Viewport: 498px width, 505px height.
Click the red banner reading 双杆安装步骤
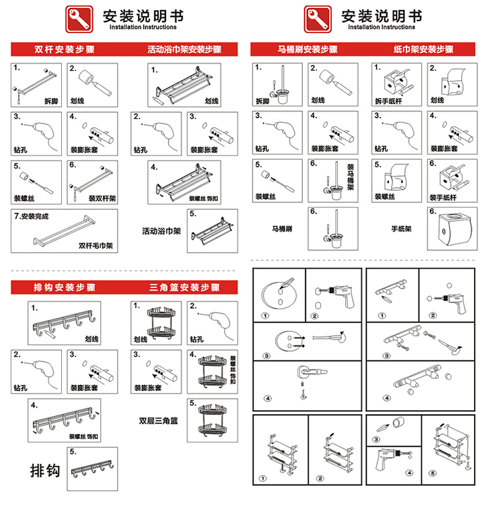[58, 50]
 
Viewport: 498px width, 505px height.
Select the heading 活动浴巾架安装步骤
[184, 50]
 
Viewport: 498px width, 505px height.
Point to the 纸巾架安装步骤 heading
[423, 50]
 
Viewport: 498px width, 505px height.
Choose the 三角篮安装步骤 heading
[184, 287]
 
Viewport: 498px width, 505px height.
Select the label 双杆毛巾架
[96, 245]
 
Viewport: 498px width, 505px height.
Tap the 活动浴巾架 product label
[160, 232]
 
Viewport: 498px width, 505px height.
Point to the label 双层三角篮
[158, 420]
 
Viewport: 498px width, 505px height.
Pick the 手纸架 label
[401, 229]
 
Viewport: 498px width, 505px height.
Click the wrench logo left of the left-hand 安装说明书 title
[78, 19]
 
